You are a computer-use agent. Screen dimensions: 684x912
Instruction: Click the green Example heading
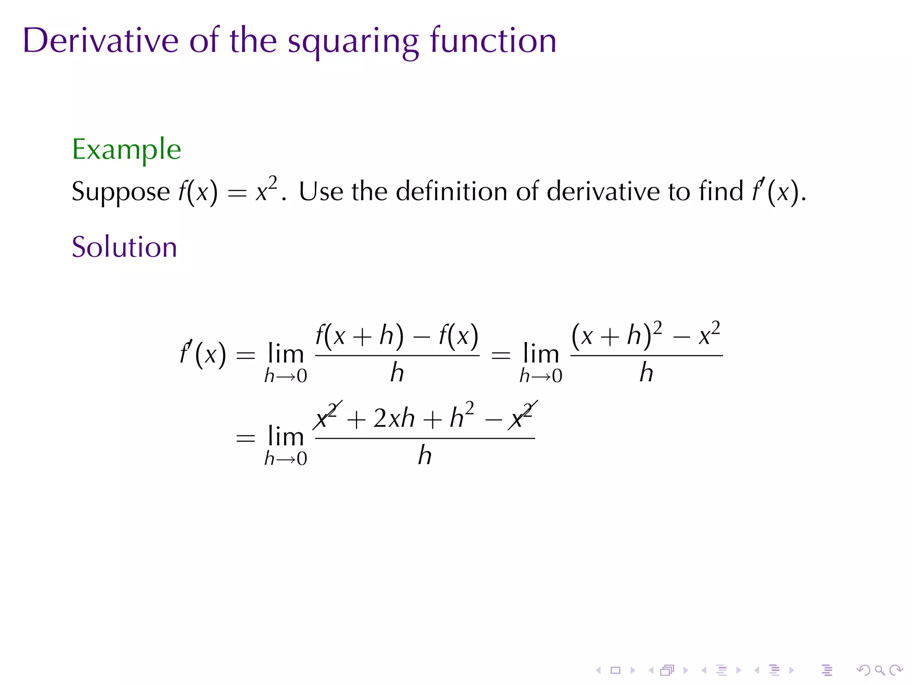(x=126, y=150)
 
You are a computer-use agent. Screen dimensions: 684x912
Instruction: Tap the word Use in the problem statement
(x=321, y=191)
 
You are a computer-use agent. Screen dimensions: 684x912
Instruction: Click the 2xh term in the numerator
(x=394, y=419)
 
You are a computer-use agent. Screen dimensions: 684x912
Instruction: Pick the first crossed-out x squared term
(x=327, y=416)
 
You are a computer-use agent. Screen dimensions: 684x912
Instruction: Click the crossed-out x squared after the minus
(x=522, y=416)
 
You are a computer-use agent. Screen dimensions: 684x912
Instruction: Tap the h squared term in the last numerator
(x=461, y=416)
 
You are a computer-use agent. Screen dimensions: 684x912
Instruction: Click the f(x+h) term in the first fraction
(x=360, y=335)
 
